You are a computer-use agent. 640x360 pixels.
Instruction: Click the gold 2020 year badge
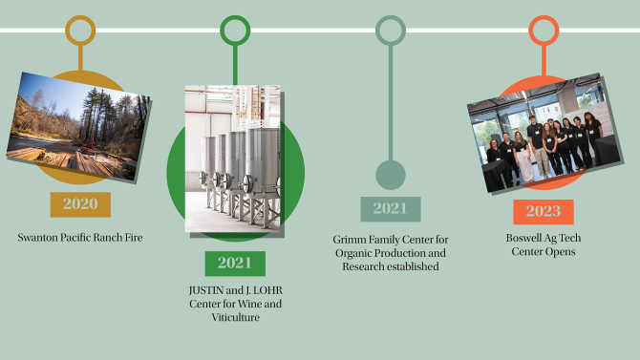(x=80, y=204)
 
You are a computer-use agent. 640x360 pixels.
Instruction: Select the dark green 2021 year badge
(x=235, y=264)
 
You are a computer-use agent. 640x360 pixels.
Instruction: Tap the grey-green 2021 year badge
(x=391, y=209)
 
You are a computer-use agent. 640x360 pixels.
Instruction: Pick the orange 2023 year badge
(x=544, y=212)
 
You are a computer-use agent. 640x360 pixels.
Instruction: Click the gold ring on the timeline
(x=80, y=17)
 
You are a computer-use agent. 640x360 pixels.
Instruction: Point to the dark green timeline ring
(x=235, y=17)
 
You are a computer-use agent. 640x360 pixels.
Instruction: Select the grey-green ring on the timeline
(x=391, y=17)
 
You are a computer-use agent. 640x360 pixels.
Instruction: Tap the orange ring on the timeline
(x=544, y=17)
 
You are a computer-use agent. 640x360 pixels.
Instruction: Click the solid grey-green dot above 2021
(x=391, y=175)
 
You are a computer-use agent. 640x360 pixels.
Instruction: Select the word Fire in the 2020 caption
(x=134, y=238)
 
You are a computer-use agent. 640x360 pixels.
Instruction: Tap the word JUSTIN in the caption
(x=206, y=290)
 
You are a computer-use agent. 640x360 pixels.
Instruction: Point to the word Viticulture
(x=236, y=317)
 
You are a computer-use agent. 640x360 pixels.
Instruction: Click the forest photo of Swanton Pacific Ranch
(x=78, y=126)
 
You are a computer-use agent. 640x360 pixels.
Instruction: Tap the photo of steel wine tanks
(x=233, y=159)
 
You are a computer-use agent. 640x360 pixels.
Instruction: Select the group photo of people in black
(x=544, y=133)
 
